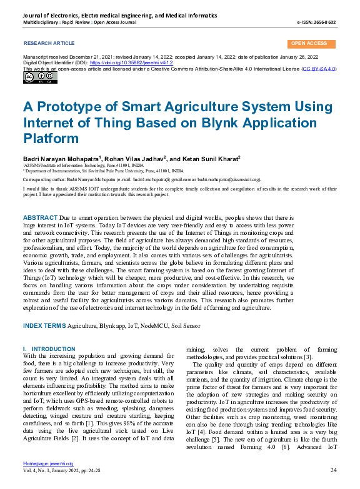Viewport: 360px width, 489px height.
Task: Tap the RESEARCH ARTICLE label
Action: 49,43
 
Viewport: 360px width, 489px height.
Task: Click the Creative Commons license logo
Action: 32,77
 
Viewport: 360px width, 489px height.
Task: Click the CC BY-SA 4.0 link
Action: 319,69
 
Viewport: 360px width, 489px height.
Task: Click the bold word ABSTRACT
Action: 40,215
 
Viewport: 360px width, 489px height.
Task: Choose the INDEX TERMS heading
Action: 44,325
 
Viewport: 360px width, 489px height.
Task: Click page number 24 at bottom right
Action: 333,470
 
